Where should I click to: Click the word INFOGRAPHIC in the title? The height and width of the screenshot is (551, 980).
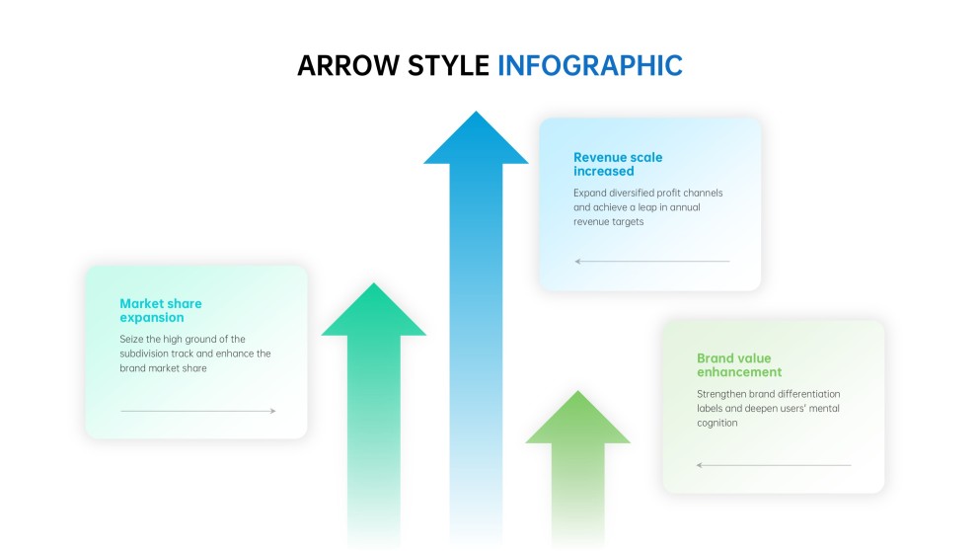tap(589, 65)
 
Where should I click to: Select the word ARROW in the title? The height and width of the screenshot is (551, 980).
tap(343, 65)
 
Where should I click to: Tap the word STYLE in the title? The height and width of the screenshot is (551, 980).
tap(443, 65)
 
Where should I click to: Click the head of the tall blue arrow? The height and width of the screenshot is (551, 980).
tap(476, 141)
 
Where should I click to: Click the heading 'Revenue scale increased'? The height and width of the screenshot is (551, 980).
tap(618, 164)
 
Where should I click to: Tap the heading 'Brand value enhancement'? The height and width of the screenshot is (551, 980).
tap(739, 365)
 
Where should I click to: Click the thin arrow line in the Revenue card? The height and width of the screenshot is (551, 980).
tap(651, 262)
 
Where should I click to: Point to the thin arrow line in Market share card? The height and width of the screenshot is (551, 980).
tap(197, 411)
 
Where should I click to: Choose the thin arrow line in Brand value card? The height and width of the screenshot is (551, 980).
tap(773, 465)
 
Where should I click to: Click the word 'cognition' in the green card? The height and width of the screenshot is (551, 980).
tap(717, 423)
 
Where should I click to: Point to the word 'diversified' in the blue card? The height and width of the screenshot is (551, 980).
tap(637, 193)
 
